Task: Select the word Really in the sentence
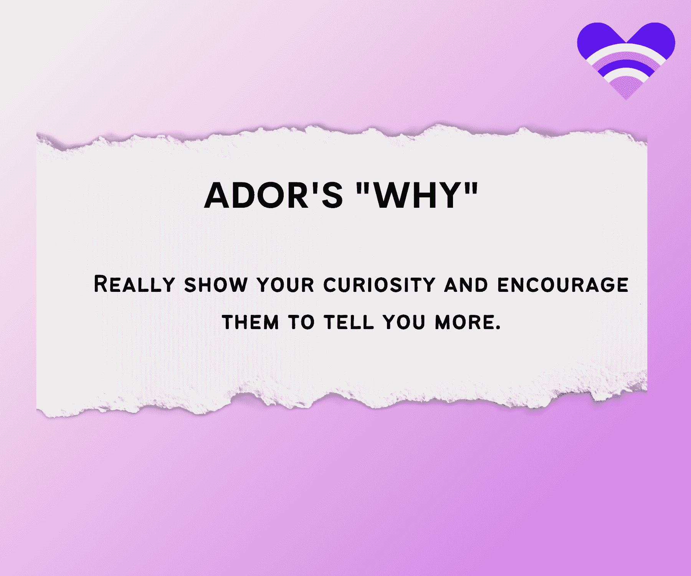coord(134,285)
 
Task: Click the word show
coord(216,285)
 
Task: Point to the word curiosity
coord(379,285)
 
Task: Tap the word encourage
coord(563,285)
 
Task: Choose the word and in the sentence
coord(466,285)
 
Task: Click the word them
coord(250,322)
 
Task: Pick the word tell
coord(349,322)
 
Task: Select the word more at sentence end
coord(465,322)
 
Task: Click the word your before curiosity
coord(286,285)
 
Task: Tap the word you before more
coord(404,322)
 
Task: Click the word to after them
coord(301,322)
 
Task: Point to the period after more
coord(498,328)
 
